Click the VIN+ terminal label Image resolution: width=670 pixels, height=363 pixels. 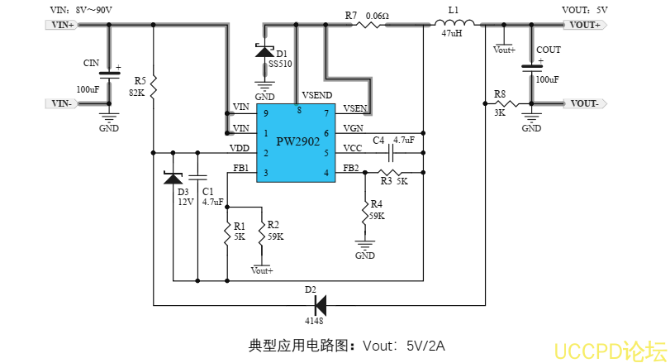point(63,26)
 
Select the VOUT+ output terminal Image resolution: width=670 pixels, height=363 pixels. point(585,26)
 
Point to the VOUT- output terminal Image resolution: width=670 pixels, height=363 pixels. point(585,103)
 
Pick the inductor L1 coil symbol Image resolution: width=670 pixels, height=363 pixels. point(453,25)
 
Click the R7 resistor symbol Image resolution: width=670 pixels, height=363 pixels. point(368,26)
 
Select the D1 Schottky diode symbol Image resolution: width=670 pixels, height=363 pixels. point(265,51)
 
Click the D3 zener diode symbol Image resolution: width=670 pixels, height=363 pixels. point(173,177)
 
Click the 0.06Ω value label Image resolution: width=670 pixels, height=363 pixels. point(377,15)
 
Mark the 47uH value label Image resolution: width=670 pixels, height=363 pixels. point(453,34)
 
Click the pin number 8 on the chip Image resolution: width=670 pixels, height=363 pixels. point(298,110)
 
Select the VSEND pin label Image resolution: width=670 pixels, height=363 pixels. point(317,94)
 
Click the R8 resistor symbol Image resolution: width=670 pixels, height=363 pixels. point(507,104)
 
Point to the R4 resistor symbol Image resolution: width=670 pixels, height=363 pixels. point(364,210)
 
